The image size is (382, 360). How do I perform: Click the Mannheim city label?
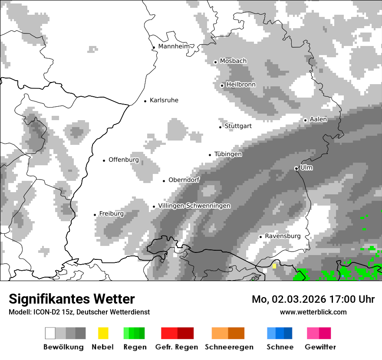(x=174, y=46)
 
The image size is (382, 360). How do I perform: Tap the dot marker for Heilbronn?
(x=222, y=85)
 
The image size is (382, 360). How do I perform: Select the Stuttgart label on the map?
(x=238, y=126)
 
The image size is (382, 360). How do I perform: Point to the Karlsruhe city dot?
(x=145, y=101)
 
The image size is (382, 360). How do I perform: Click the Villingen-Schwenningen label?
(x=194, y=206)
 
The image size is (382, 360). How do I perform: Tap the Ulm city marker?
(x=296, y=168)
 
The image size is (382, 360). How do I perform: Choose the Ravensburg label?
(x=283, y=236)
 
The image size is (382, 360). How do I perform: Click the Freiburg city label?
(x=111, y=214)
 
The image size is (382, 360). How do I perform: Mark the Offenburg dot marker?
(x=104, y=160)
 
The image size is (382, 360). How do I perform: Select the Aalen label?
(x=318, y=119)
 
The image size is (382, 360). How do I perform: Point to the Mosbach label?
(x=233, y=61)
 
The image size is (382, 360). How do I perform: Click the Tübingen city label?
(x=228, y=154)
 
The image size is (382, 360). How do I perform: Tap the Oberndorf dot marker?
(x=164, y=181)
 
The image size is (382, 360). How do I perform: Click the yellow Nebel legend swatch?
(x=103, y=333)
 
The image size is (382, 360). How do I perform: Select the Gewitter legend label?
(x=320, y=347)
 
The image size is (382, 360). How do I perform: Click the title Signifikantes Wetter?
(x=72, y=299)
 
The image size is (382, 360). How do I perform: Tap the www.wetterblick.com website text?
(x=313, y=312)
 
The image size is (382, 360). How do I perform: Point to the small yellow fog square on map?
(x=274, y=266)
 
